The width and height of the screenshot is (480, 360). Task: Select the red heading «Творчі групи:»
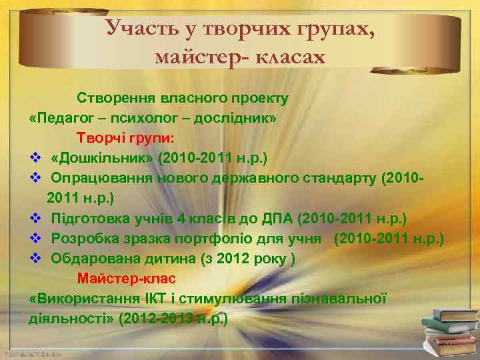(x=125, y=138)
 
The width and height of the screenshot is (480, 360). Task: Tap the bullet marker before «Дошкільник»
(x=37, y=158)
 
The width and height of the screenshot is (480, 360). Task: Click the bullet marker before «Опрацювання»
(x=37, y=178)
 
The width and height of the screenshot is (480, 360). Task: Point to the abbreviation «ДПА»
(x=281, y=218)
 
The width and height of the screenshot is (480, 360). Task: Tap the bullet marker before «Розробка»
(x=37, y=238)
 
